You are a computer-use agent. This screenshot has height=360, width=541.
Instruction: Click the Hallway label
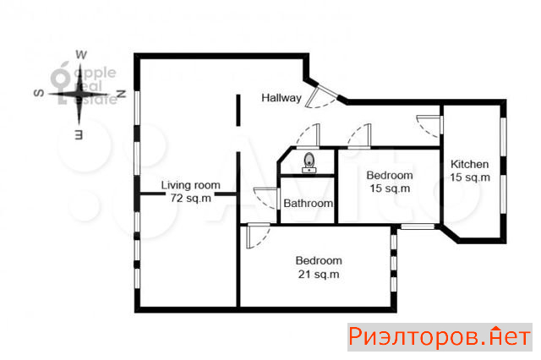pyautogui.click(x=281, y=98)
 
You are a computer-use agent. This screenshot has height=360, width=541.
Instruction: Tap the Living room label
pyautogui.click(x=190, y=185)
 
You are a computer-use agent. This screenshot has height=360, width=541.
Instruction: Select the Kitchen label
pyautogui.click(x=470, y=164)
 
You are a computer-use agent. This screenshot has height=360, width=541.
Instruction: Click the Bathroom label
pyautogui.click(x=308, y=204)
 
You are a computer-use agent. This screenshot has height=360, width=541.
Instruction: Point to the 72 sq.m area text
pyautogui.click(x=190, y=199)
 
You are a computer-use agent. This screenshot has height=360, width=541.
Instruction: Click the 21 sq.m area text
pyautogui.click(x=319, y=275)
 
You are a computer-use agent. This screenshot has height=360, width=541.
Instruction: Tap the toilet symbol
pyautogui.click(x=309, y=162)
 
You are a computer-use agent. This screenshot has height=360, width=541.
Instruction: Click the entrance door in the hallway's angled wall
pyautogui.click(x=321, y=96)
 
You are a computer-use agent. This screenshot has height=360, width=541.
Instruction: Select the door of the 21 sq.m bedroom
pyautogui.click(x=258, y=236)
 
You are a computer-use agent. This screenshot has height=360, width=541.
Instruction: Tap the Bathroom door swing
pyautogui.click(x=266, y=198)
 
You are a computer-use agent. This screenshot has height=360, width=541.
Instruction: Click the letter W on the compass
pyautogui.click(x=81, y=54)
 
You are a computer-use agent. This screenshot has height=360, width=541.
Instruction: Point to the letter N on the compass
pyautogui.click(x=121, y=94)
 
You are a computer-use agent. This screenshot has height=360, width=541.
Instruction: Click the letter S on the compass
pyautogui.click(x=39, y=93)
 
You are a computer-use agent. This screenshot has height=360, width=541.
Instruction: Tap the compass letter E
pyautogui.click(x=79, y=135)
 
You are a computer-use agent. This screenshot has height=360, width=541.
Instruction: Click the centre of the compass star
pyautogui.click(x=79, y=94)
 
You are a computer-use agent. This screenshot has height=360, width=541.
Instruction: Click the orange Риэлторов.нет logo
pyautogui.click(x=440, y=337)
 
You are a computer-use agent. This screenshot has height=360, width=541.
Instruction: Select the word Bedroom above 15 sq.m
pyautogui.click(x=390, y=175)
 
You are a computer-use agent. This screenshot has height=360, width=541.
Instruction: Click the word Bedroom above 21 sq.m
pyautogui.click(x=319, y=260)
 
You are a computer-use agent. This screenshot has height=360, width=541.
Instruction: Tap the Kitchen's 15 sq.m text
pyautogui.click(x=470, y=177)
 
